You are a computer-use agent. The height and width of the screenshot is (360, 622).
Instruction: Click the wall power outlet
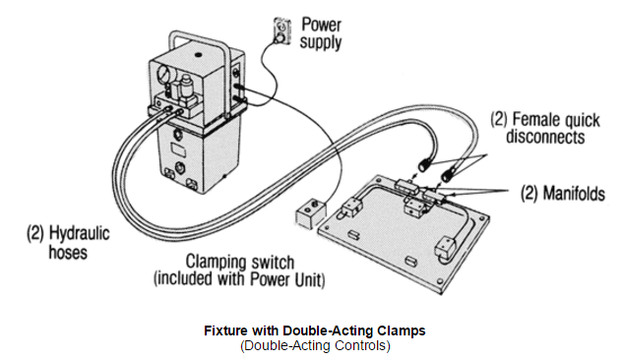282,30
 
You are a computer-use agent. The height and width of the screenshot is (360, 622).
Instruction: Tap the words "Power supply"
321,33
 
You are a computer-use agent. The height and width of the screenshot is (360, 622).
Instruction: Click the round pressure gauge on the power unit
163,74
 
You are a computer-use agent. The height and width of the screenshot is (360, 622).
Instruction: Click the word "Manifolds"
574,194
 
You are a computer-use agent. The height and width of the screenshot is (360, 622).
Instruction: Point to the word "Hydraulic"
79,233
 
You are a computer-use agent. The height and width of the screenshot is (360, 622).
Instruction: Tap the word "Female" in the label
534,119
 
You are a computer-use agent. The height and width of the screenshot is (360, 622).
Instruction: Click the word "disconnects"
545,137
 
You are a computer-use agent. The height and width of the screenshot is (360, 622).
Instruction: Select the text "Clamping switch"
240,262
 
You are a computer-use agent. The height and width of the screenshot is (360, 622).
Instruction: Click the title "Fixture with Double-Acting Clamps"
315,330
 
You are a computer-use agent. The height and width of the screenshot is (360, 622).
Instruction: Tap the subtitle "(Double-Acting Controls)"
315,345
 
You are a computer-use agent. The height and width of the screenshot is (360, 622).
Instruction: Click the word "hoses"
68,252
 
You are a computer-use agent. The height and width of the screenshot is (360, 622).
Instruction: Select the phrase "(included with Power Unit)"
239,279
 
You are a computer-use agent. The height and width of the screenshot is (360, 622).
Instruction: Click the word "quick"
580,120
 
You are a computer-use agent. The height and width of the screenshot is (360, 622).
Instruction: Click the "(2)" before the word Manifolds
529,194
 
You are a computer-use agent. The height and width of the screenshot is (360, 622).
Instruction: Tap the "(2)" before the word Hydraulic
35,233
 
